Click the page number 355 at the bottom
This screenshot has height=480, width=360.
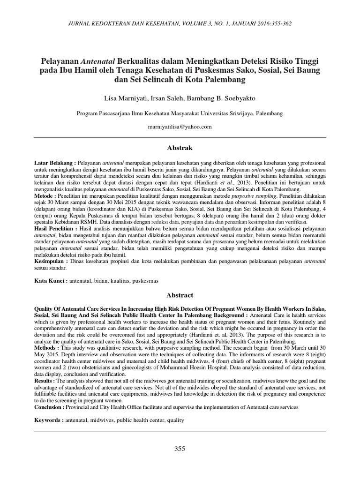(180, 449)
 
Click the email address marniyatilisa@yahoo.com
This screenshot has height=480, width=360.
(180, 127)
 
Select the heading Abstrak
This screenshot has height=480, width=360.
(180, 148)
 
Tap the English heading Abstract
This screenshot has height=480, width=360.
(180, 295)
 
